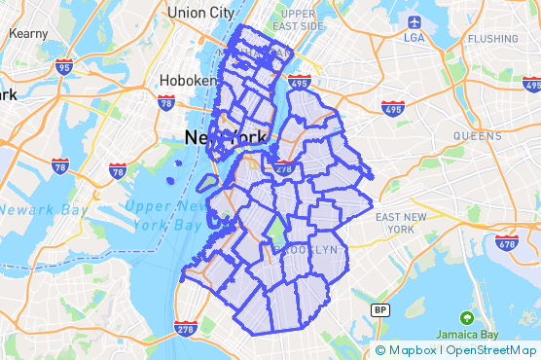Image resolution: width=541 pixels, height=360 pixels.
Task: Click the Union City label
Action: [200, 13]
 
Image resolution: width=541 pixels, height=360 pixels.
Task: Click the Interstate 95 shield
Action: [64, 66]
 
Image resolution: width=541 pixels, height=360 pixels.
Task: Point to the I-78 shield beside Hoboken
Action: [165, 101]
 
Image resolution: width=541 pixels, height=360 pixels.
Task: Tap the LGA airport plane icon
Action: [415, 20]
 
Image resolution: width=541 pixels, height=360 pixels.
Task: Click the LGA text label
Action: [415, 38]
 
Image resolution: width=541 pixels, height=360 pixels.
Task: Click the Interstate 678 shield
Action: [505, 241]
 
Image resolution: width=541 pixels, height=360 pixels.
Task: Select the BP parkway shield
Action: [379, 309]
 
